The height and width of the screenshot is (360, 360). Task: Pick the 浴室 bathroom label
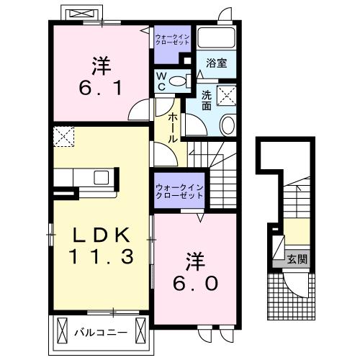click(216, 63)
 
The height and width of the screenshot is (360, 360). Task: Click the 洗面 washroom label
click(207, 100)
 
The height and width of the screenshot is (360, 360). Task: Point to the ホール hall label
click(174, 128)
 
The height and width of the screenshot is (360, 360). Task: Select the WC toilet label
click(161, 81)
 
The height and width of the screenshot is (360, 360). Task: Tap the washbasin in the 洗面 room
click(227, 125)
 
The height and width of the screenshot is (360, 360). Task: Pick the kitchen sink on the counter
click(100, 176)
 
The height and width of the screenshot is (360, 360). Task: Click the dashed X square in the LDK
click(63, 135)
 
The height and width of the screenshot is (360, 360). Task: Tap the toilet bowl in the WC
click(183, 80)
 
